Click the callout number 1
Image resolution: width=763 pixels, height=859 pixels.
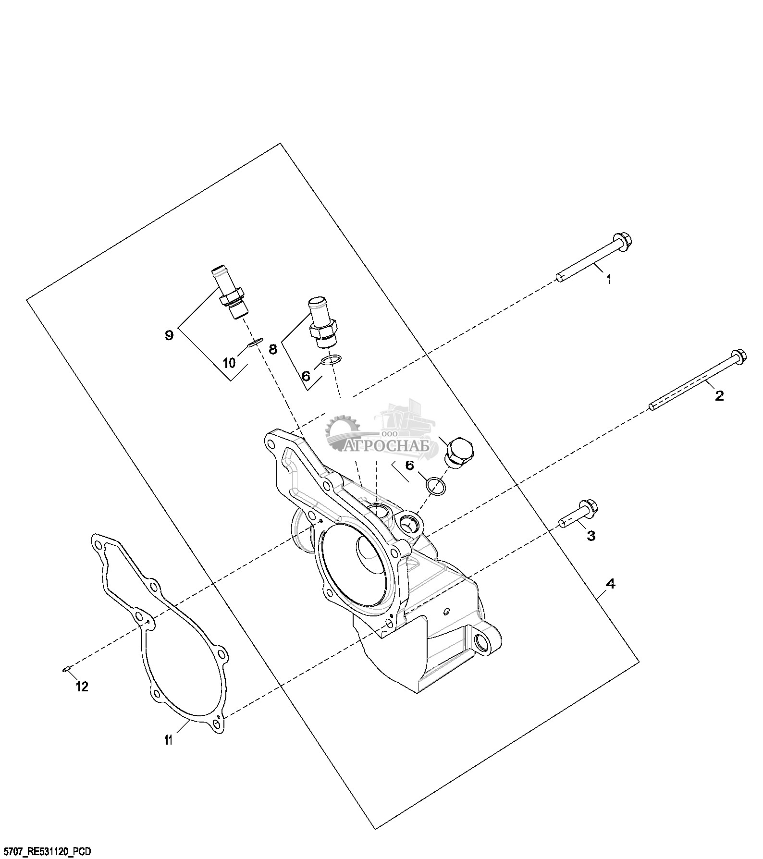click(609, 279)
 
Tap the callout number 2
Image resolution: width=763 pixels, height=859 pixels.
click(719, 396)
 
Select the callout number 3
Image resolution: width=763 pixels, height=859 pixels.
click(591, 536)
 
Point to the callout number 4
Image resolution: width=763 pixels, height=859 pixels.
click(610, 584)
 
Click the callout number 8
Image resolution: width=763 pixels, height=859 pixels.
click(273, 349)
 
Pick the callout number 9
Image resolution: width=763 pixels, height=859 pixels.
click(169, 335)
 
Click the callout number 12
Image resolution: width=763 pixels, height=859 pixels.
click(82, 687)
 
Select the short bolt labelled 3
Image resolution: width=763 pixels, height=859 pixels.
click(578, 514)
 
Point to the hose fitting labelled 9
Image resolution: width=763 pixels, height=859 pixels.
click(229, 292)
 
